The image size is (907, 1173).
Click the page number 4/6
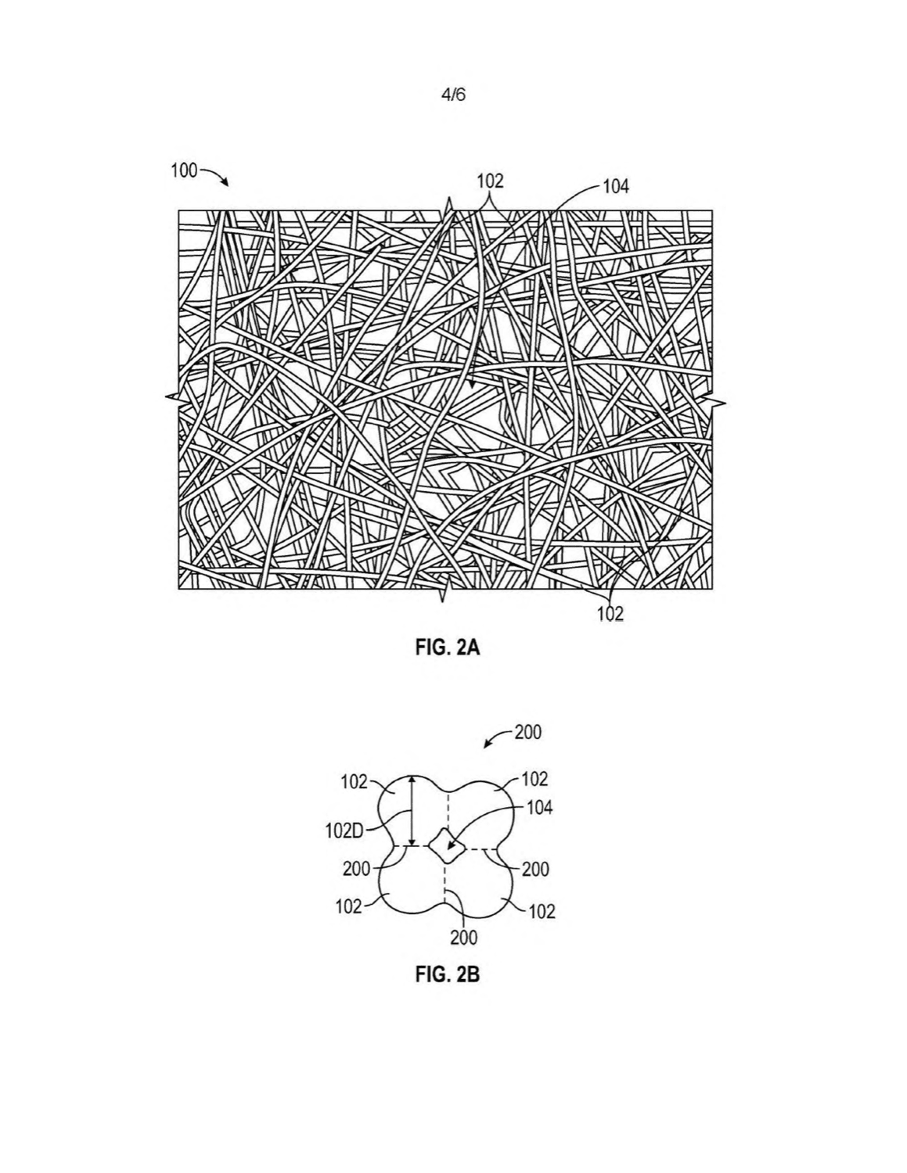coord(453,95)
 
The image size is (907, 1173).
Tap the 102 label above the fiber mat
coord(490,181)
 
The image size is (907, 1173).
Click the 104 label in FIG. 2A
coord(616,187)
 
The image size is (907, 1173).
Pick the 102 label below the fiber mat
coord(610,614)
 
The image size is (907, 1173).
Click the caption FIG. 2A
coord(448,647)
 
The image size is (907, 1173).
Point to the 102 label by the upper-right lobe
coord(534,779)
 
